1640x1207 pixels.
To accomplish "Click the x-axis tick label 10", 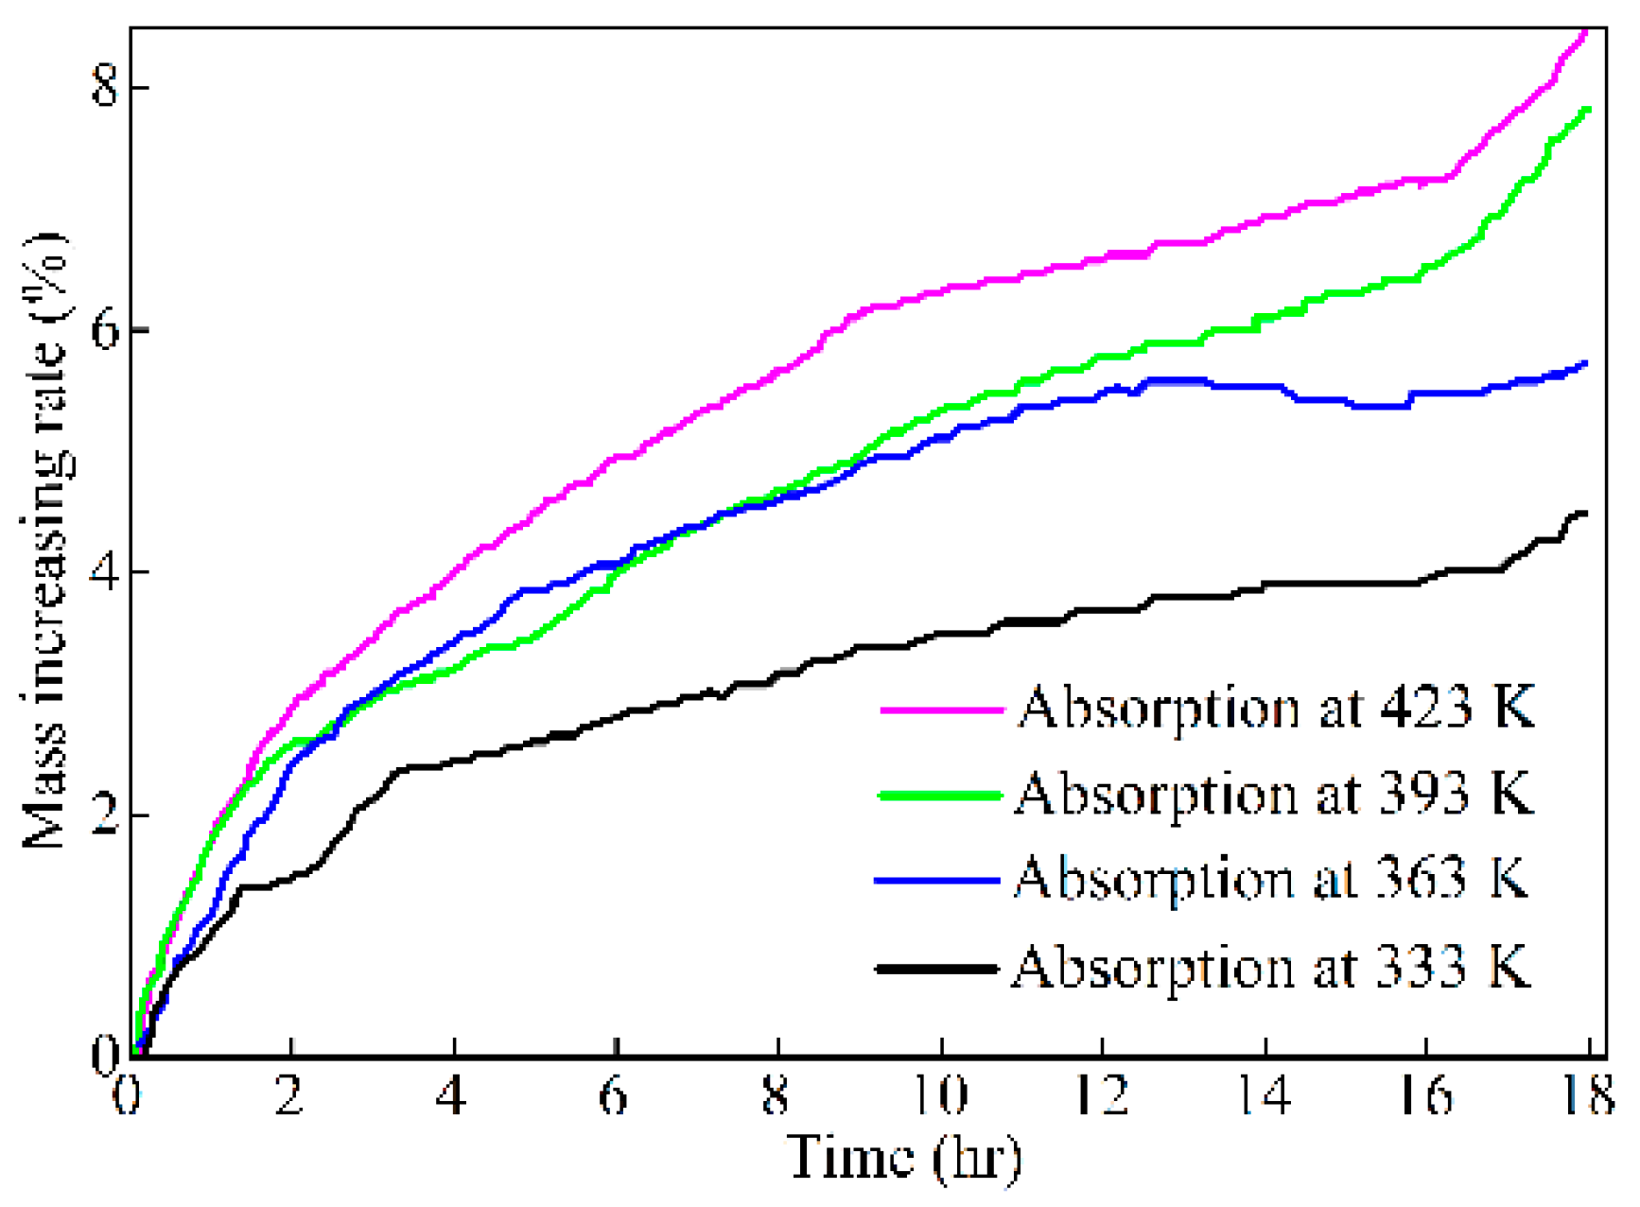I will point(941,1096).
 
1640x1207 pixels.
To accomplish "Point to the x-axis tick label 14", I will point(1265,1096).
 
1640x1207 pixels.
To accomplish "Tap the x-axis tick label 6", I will point(615,1096).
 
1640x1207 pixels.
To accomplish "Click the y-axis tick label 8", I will point(103,87).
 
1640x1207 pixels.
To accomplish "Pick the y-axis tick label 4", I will point(103,572).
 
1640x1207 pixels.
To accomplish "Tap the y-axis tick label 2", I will point(103,814).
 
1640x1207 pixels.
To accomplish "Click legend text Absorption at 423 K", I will point(1275,708).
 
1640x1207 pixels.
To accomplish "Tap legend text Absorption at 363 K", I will point(1271,879).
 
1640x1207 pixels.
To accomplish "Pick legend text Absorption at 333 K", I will point(1270,967).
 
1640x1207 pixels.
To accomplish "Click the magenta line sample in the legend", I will point(941,708).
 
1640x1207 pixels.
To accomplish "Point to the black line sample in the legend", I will point(936,969).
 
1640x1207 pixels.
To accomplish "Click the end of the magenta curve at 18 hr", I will point(1586,33).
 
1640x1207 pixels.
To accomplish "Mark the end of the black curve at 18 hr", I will point(1585,514).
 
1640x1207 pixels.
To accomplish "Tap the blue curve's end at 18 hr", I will point(1586,363).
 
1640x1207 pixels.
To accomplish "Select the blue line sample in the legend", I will point(937,881).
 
